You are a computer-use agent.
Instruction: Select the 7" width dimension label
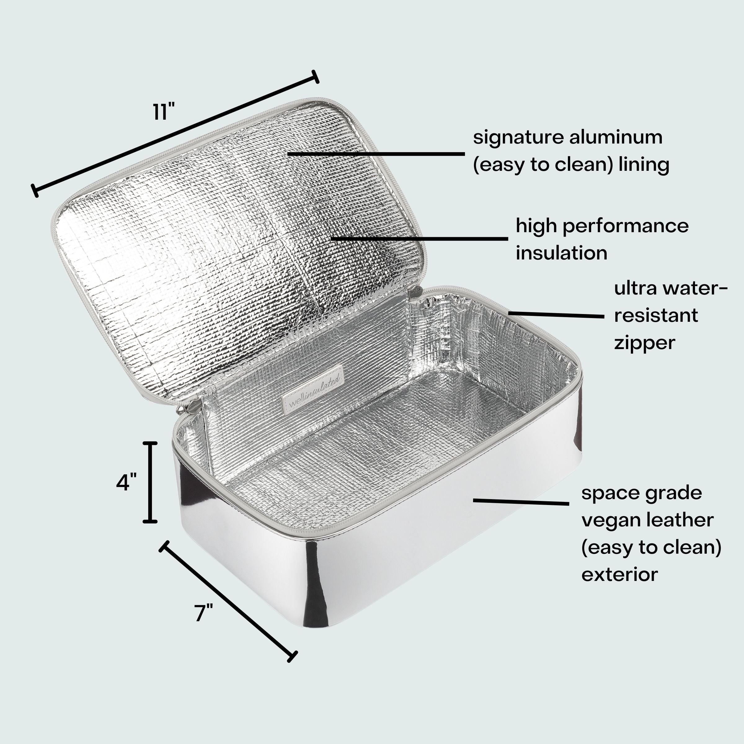(x=203, y=613)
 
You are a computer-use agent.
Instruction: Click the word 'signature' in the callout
(x=515, y=138)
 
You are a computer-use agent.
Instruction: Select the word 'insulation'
(x=561, y=253)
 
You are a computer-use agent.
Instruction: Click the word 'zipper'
(x=644, y=343)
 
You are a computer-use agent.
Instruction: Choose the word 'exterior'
(x=619, y=574)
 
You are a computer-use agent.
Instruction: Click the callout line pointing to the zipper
(x=556, y=315)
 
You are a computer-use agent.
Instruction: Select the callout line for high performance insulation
(x=419, y=239)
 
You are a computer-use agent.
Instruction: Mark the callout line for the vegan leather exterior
(x=521, y=502)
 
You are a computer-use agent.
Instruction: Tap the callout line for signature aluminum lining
(x=376, y=154)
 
